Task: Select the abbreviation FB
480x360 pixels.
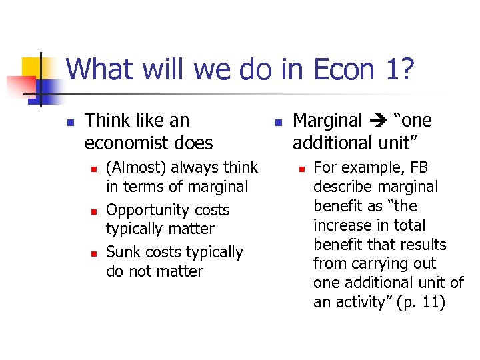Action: (419, 167)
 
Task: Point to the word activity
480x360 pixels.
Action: (357, 301)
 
